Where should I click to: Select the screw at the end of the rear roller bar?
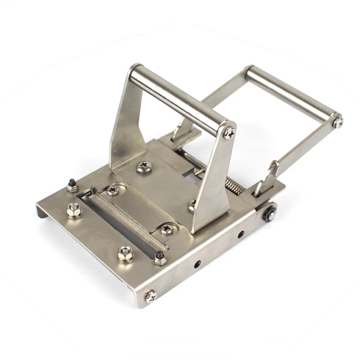(x=337, y=121)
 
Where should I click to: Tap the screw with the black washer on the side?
(x=270, y=213)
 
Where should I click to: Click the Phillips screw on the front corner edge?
(x=151, y=296)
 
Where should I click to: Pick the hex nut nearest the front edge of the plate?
(x=126, y=254)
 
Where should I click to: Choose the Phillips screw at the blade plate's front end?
(x=167, y=229)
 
